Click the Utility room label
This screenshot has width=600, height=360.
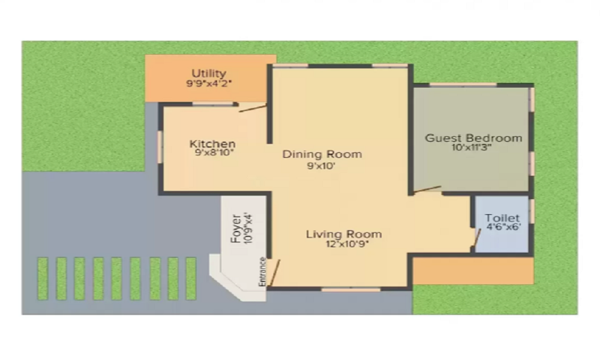[209, 73]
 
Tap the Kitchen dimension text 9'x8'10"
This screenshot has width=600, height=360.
[214, 152]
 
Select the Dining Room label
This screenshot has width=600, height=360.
[322, 154]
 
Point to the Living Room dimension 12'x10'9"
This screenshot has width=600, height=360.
[347, 244]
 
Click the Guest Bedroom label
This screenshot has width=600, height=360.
[473, 138]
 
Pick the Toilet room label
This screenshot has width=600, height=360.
[502, 218]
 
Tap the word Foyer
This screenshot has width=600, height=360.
[236, 229]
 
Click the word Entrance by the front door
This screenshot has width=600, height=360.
[262, 272]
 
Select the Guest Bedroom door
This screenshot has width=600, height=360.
[427, 190]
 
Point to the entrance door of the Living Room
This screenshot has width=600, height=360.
[275, 272]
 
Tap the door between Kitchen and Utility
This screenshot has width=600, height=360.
[253, 108]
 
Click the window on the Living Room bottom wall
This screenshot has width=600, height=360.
[351, 290]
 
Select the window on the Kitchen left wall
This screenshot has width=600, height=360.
[160, 147]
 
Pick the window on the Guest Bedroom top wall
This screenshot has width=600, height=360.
[463, 85]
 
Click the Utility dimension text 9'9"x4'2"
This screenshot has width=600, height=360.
[209, 83]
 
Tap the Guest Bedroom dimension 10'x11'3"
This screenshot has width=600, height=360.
[471, 147]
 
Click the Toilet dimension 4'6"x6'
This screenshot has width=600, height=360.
[503, 226]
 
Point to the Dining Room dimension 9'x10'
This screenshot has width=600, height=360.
[321, 166]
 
